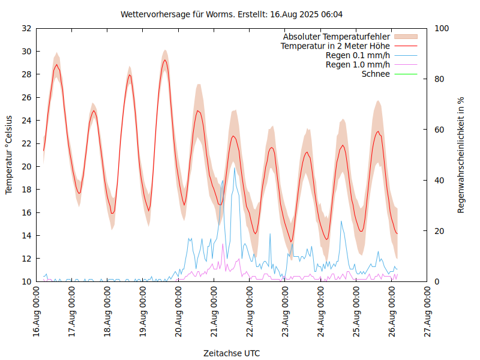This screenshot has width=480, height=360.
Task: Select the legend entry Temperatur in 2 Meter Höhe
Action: pos(335,46)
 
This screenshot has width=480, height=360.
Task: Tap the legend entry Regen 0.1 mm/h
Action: pos(358,56)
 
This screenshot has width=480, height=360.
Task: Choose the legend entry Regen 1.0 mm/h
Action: pos(358,65)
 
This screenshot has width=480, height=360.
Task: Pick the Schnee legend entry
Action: pos(376,74)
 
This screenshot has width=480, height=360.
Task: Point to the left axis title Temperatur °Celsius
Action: pos(9,155)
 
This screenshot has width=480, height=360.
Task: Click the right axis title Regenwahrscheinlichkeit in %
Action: pos(461,155)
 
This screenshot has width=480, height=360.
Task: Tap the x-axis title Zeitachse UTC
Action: pos(232,353)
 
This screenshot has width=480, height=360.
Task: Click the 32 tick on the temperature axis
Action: pos(26,28)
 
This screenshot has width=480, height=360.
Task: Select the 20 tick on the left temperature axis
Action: pos(26,167)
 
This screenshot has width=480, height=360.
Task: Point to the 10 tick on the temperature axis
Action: pos(26,281)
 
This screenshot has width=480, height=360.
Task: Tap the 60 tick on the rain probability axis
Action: pos(439,130)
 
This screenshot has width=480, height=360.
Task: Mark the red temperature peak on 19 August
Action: pos(164,60)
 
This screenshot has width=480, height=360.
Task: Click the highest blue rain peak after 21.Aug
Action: pos(235,168)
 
